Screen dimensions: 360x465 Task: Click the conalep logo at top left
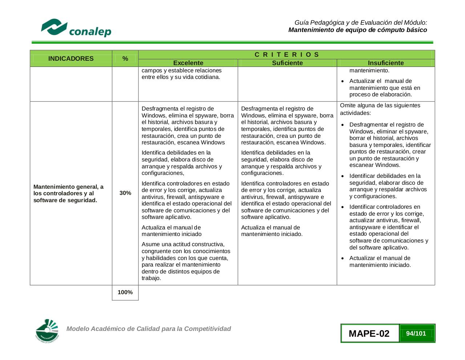(x=76, y=28)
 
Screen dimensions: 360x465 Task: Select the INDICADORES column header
(x=71, y=59)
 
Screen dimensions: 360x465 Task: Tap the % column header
(x=125, y=59)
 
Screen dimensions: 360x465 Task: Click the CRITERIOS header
(x=287, y=55)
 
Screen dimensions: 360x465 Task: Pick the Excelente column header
(x=188, y=63)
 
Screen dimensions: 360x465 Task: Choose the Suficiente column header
(x=287, y=63)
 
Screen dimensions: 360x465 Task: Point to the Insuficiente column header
(x=385, y=63)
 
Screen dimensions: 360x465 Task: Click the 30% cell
(x=125, y=193)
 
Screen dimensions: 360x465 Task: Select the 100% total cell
(x=125, y=292)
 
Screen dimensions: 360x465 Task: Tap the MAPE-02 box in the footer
(x=369, y=333)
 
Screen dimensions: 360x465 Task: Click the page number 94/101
(x=416, y=333)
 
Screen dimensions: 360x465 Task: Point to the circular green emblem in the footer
(x=47, y=331)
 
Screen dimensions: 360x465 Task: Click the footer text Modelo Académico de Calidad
(x=149, y=329)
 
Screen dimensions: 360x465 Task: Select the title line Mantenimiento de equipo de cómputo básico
(x=357, y=30)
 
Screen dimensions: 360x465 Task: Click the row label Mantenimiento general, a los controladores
(x=68, y=193)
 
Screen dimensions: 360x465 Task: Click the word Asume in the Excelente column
(x=150, y=244)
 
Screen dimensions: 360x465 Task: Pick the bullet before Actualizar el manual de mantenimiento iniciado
(x=343, y=259)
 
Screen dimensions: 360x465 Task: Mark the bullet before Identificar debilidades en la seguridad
(x=343, y=176)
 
